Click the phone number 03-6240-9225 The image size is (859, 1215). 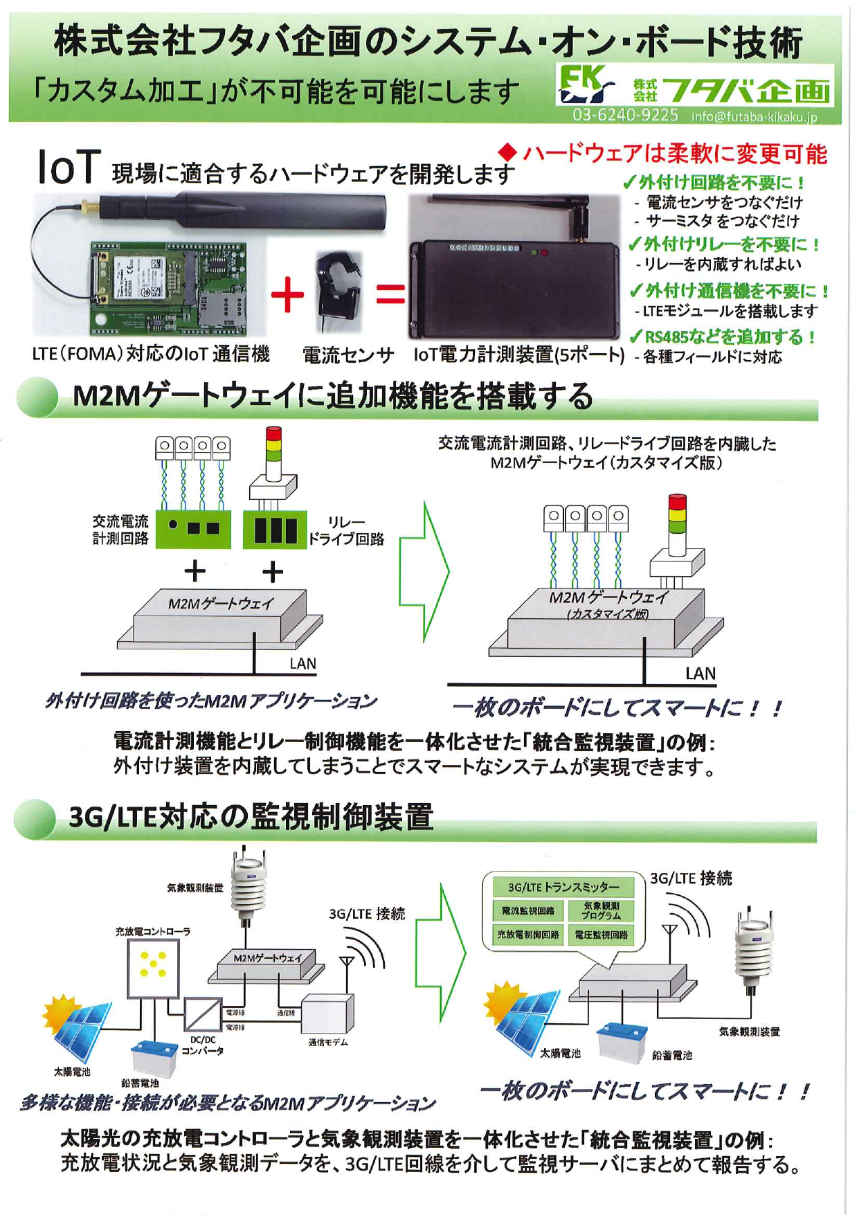click(624, 115)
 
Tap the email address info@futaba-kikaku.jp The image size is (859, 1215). click(754, 116)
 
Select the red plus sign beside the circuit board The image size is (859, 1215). click(287, 296)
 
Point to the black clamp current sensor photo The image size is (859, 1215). click(338, 291)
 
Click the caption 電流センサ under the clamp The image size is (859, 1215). click(348, 355)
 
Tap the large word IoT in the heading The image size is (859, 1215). click(69, 168)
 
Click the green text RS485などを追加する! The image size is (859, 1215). click(723, 337)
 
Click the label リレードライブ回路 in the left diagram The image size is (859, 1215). click(346, 530)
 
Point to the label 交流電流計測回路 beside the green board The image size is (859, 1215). click(120, 530)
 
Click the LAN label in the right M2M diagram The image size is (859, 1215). click(700, 673)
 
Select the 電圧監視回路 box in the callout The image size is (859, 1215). click(601, 935)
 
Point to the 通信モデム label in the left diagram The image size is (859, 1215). click(327, 1042)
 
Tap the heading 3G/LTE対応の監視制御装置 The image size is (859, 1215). click(251, 817)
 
